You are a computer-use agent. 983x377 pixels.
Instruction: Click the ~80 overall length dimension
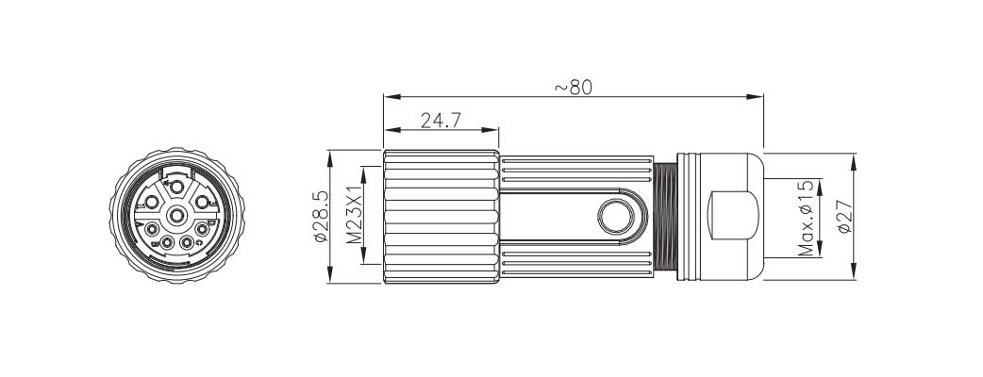(x=573, y=87)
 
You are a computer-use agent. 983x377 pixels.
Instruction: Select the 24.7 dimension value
(x=440, y=121)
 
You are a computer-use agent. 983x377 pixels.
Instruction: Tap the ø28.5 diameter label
(x=320, y=216)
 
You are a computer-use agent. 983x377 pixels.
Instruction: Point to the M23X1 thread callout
(x=355, y=216)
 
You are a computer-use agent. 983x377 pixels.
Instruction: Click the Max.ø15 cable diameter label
(x=807, y=218)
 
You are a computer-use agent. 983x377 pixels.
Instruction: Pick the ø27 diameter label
(x=842, y=217)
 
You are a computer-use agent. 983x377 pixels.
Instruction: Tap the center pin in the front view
(x=176, y=217)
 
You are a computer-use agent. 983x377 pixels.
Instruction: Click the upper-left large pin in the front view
(x=149, y=203)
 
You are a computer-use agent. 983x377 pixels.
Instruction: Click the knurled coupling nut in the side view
(x=441, y=217)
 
